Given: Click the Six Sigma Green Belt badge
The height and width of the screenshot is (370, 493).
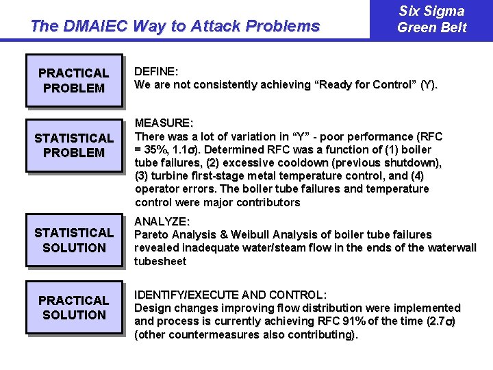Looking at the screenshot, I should point(431,19).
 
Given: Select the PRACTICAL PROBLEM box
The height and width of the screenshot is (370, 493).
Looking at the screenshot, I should point(74,80).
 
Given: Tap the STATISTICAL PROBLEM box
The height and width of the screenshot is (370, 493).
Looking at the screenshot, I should point(74,145).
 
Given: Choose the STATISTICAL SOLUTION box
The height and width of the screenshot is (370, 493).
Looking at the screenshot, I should point(74,241).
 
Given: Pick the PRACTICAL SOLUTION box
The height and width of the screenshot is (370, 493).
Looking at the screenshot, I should point(74,308).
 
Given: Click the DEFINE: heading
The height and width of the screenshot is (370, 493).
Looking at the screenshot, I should point(156,71).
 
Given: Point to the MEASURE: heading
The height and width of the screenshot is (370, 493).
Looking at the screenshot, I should point(164,123).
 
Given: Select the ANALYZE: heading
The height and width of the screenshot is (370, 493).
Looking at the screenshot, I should point(162,222).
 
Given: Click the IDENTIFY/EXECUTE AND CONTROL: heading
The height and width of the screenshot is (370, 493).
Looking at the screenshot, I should point(230,295).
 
